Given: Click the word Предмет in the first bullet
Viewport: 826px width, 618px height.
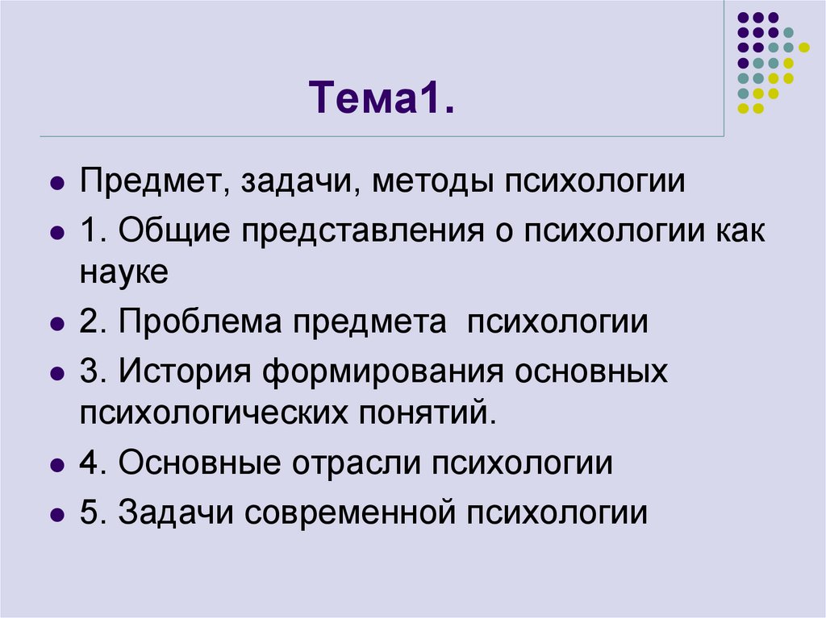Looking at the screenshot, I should click(x=151, y=181).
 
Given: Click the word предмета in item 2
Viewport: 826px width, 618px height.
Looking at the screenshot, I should click(x=369, y=322).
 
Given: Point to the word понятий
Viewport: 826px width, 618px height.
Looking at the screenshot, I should click(x=420, y=413).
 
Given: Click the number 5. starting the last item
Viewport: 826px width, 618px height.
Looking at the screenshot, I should click(x=94, y=513).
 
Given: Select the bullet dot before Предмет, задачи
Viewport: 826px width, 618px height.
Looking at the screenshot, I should click(x=56, y=183).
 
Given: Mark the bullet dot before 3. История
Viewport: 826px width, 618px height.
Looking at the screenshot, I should click(x=56, y=375).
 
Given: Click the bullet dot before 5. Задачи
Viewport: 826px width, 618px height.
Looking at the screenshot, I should click(x=56, y=515).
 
